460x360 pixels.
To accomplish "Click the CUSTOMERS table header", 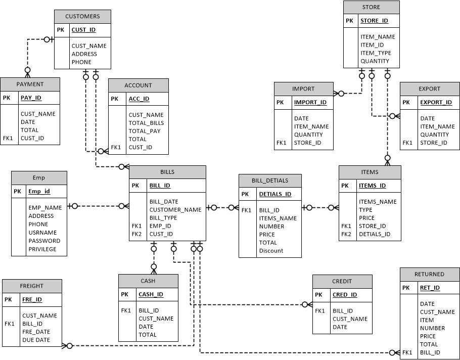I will [82, 16].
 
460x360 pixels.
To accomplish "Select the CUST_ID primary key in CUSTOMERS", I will [83, 30].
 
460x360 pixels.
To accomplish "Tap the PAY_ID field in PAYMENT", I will [31, 98].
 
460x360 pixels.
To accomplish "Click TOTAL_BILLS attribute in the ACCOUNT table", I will [146, 123].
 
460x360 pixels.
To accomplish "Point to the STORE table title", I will [371, 7].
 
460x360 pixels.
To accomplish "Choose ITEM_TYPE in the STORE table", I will [376, 53].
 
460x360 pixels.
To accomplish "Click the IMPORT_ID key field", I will [310, 102].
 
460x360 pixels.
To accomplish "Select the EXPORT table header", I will [429, 88].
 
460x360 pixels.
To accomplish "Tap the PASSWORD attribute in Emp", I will [44, 241].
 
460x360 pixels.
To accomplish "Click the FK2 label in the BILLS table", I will [136, 234].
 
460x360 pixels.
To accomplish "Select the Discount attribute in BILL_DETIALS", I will [271, 251].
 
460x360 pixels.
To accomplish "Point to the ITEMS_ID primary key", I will [372, 186].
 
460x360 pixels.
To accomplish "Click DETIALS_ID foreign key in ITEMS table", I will [374, 234].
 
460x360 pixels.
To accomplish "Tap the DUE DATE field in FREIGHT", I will [36, 340].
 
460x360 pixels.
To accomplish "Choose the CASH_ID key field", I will [151, 294].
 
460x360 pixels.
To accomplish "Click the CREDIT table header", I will [342, 281].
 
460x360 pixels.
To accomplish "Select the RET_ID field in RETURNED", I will [430, 288].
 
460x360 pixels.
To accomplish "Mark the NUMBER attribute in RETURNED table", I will [432, 328].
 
